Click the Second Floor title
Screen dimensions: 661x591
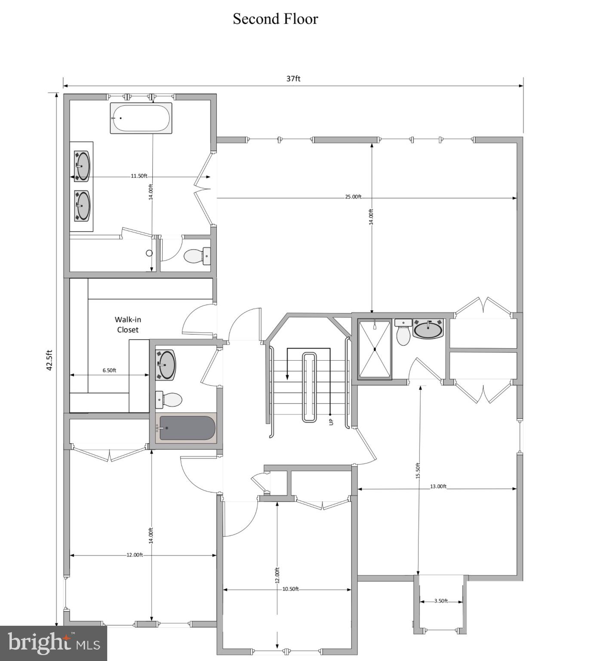275,19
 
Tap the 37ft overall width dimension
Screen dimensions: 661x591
293,78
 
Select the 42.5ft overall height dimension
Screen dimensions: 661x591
50,360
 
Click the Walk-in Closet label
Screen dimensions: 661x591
128,324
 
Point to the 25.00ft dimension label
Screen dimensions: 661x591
353,197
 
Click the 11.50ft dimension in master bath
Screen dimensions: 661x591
139,176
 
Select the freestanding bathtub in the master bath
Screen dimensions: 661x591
141,118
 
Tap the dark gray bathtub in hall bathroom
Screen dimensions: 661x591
186,428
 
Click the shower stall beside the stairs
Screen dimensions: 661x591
375,349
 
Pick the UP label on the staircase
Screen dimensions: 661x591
331,422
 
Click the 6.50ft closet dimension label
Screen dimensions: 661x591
109,370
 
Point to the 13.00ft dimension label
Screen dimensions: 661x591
438,486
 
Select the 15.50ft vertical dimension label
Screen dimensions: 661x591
417,470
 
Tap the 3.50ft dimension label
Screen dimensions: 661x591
441,601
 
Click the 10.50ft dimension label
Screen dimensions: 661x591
290,589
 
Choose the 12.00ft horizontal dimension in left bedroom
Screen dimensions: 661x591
134,555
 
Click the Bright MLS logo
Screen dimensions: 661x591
54,643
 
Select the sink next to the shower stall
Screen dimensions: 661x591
428,329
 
